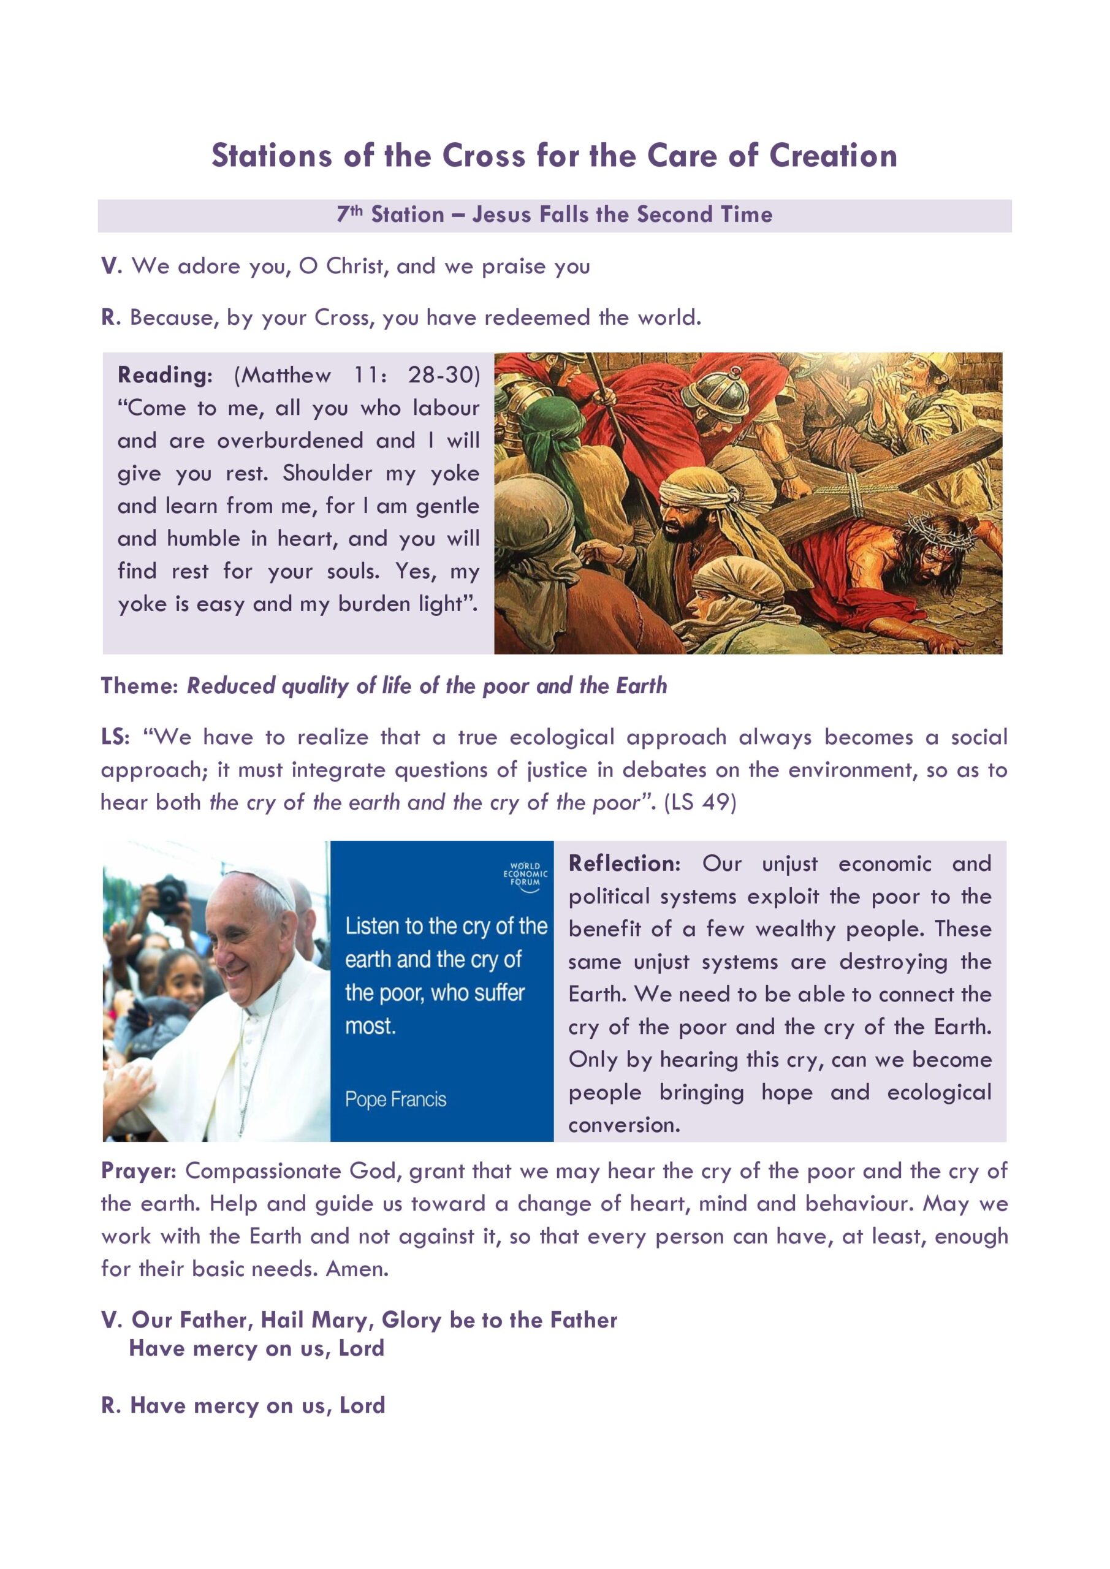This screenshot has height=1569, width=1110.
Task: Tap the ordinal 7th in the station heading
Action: coord(349,214)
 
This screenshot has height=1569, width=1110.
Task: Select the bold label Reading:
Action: coord(165,375)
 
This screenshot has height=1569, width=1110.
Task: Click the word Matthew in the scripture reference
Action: coord(285,375)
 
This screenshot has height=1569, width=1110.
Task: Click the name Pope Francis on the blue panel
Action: coord(395,1100)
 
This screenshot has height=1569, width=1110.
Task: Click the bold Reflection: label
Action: coord(624,864)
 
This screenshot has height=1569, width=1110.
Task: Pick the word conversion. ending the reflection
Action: coord(624,1125)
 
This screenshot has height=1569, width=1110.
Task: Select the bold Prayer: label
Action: coord(139,1171)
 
